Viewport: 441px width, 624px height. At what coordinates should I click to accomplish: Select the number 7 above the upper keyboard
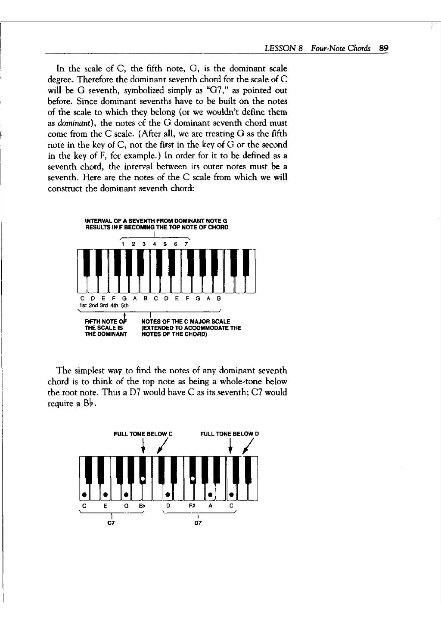186,244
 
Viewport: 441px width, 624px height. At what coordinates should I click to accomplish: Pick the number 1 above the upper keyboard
123,244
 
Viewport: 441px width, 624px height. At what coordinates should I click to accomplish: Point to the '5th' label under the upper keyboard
124,305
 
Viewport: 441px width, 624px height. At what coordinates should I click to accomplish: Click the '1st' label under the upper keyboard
84,305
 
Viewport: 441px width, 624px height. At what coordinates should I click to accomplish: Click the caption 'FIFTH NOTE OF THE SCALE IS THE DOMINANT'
106,327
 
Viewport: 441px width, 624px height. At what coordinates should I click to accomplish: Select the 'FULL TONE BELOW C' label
143,434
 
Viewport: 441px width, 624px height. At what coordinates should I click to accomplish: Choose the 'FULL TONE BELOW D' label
230,434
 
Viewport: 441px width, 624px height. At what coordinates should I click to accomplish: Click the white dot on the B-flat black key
143,478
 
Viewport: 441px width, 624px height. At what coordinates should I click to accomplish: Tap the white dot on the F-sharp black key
193,478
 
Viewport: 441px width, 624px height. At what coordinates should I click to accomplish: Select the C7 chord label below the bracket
111,523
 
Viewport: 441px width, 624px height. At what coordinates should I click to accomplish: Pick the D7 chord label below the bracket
198,523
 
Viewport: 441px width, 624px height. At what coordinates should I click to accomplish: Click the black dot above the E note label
105,494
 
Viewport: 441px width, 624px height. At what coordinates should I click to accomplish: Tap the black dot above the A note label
210,494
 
